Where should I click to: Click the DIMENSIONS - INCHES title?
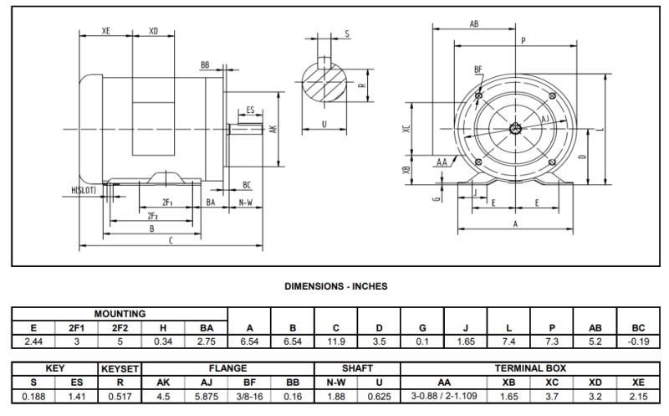335,285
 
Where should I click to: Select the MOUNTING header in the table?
120,314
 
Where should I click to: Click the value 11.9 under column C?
336,342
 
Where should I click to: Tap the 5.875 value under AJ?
207,395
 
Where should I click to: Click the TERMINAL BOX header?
530,367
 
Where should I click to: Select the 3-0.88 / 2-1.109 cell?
444,395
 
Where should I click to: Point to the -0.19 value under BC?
638,342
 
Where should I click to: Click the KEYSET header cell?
120,367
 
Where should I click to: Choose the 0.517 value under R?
120,395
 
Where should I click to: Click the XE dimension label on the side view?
106,30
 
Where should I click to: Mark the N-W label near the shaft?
247,203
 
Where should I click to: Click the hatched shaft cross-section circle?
323,85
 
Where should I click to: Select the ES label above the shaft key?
250,110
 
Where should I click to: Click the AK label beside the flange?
273,129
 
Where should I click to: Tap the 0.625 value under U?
379,395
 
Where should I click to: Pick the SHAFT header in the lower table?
357,367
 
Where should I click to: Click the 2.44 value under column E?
33,342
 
